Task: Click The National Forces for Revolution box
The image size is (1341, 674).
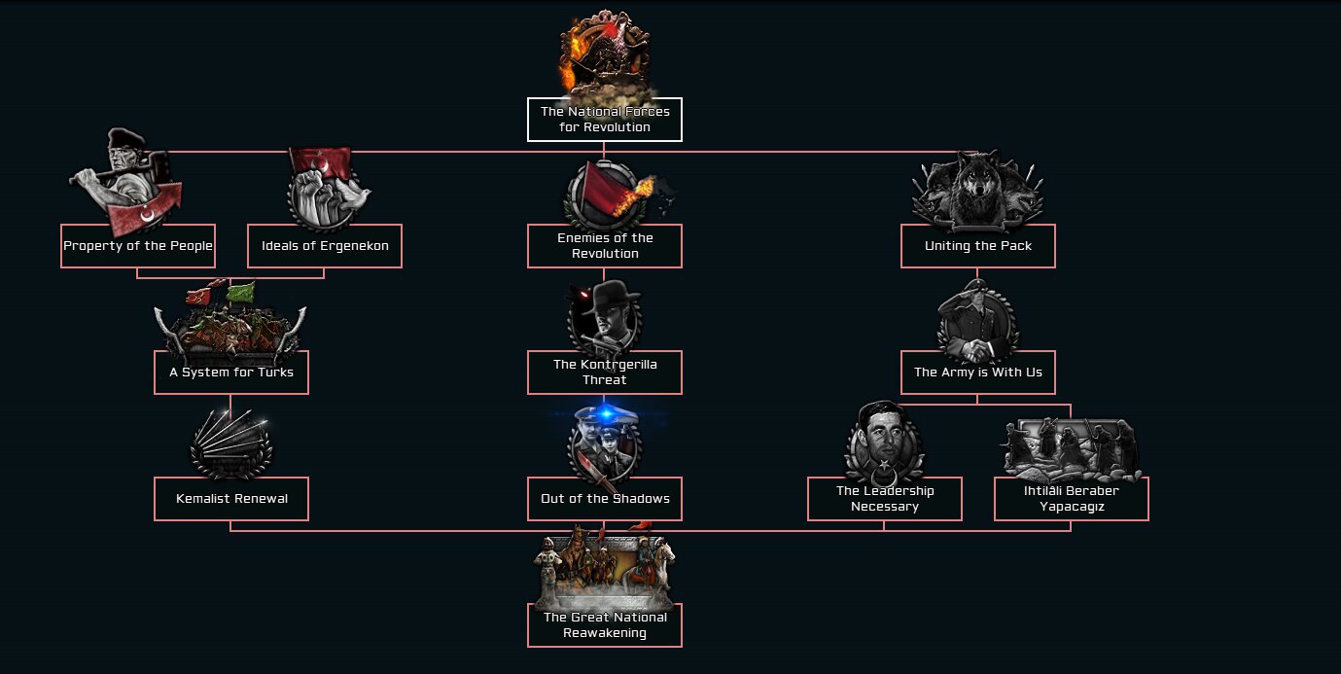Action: click(x=604, y=120)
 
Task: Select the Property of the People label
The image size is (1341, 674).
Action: click(x=138, y=246)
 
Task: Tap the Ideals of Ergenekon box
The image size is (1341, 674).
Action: click(x=325, y=246)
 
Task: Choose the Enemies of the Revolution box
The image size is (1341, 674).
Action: click(x=604, y=246)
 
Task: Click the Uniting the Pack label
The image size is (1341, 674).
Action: click(x=977, y=246)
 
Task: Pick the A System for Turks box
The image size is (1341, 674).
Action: click(x=231, y=372)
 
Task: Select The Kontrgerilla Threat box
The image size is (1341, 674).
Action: click(x=604, y=372)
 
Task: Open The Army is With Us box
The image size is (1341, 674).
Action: click(x=977, y=372)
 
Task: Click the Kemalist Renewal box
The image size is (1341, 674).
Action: click(x=231, y=499)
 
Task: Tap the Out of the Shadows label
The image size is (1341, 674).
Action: click(x=604, y=499)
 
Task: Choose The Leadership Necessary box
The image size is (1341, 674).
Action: click(x=884, y=499)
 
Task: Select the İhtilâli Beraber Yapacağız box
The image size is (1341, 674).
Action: click(x=1071, y=499)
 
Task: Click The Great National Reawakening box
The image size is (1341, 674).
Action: click(x=604, y=625)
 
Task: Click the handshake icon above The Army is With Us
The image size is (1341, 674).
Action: click(x=976, y=321)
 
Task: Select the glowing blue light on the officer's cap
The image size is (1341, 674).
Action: click(x=605, y=415)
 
